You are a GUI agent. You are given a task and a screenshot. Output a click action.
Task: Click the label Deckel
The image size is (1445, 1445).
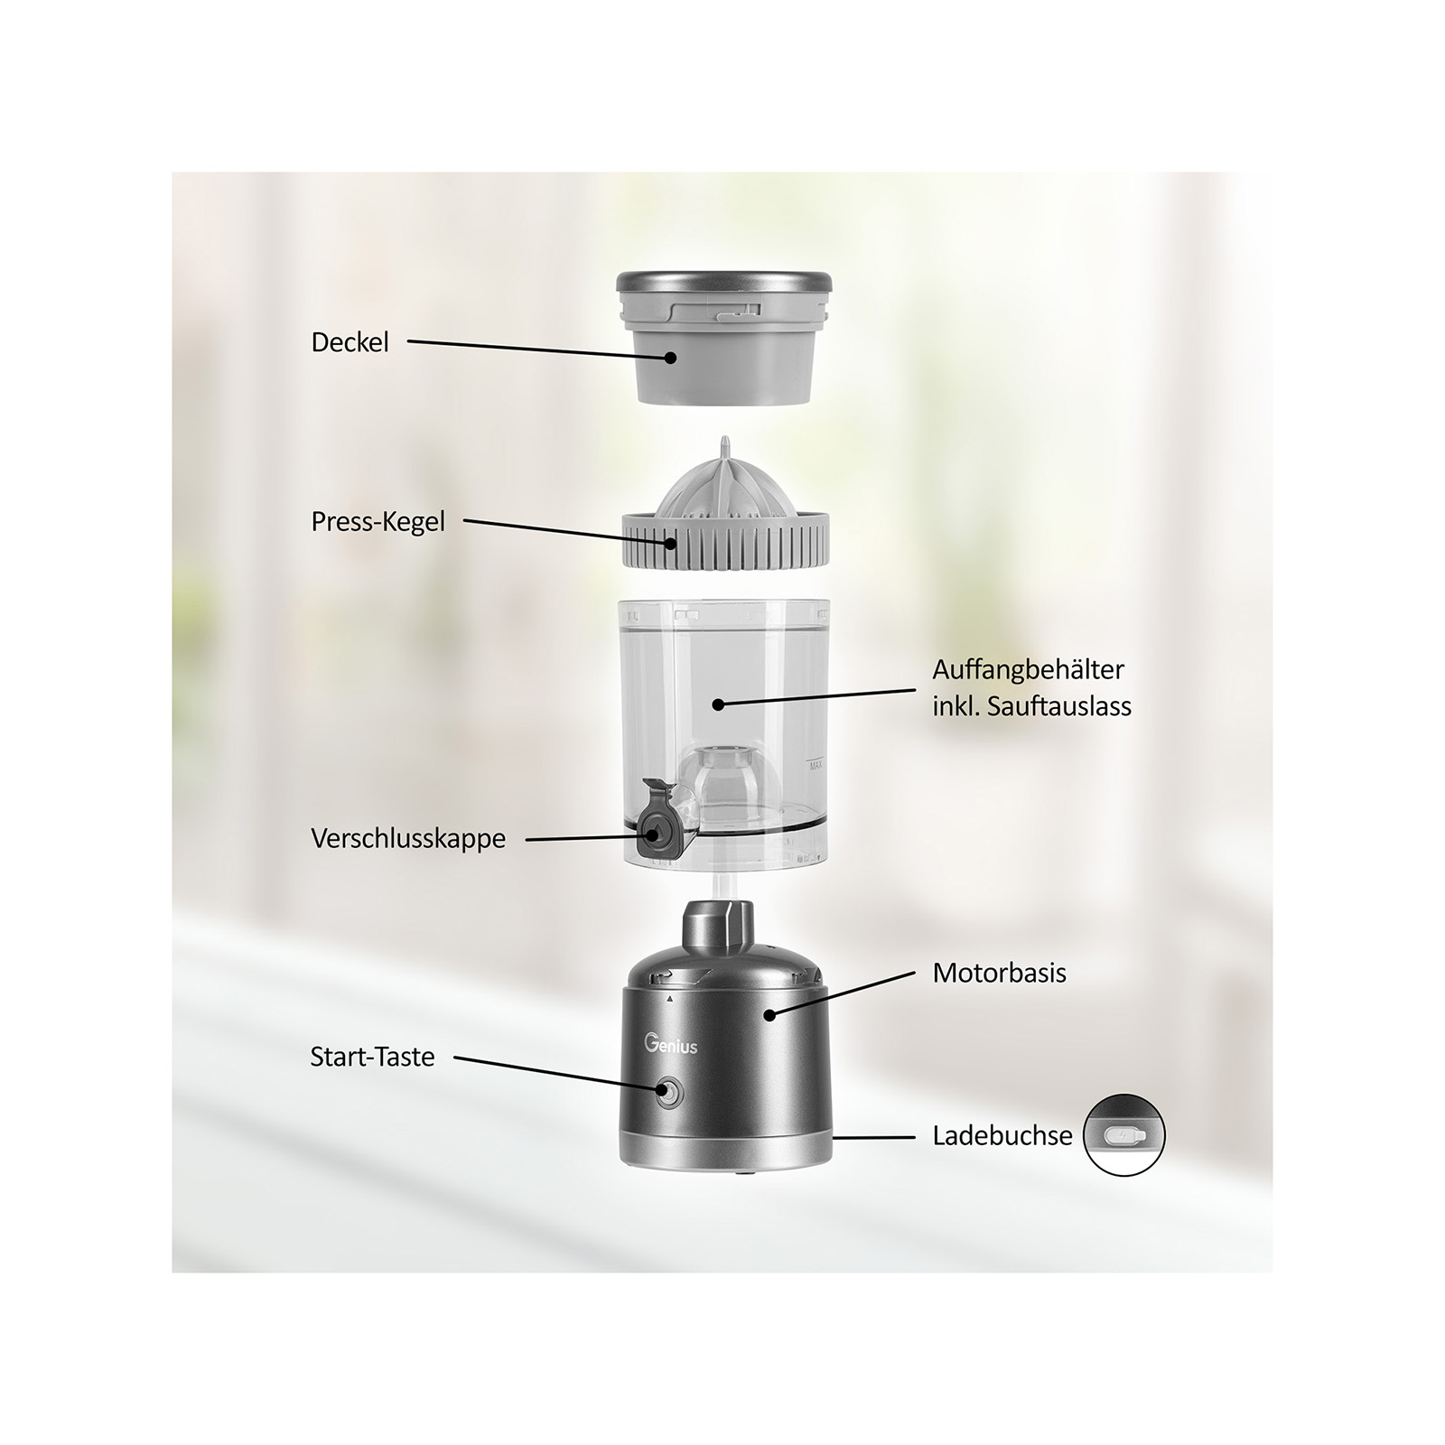tap(350, 342)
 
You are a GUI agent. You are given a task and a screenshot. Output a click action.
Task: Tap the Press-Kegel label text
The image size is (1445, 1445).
tap(378, 522)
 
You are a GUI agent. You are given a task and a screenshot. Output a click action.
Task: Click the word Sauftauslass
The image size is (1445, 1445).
tap(1059, 706)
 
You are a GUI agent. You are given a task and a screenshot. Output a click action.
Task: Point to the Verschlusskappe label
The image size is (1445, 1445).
tap(408, 839)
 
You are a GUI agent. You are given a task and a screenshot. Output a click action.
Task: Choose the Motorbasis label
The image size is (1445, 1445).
tap(1000, 973)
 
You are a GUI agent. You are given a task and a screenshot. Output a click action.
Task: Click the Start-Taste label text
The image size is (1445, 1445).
tap(372, 1057)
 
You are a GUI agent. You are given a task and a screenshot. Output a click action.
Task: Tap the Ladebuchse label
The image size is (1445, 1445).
tap(1002, 1135)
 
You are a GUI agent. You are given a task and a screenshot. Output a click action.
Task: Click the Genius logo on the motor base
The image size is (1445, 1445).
tap(671, 1045)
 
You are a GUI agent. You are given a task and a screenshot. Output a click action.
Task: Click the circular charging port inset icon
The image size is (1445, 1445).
tap(1124, 1135)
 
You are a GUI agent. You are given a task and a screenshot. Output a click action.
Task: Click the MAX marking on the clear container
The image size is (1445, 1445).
tap(816, 766)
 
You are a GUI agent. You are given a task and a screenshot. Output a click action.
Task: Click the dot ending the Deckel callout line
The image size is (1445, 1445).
tap(670, 358)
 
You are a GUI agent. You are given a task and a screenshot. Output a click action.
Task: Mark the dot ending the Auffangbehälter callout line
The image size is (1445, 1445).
tap(718, 704)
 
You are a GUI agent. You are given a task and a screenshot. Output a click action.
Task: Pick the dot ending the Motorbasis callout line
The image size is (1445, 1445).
tap(769, 1015)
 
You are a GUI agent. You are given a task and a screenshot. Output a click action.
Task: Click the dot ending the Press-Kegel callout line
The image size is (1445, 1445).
tap(670, 543)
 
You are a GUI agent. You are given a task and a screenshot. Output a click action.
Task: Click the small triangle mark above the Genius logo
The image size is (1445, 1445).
tap(669, 1000)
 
